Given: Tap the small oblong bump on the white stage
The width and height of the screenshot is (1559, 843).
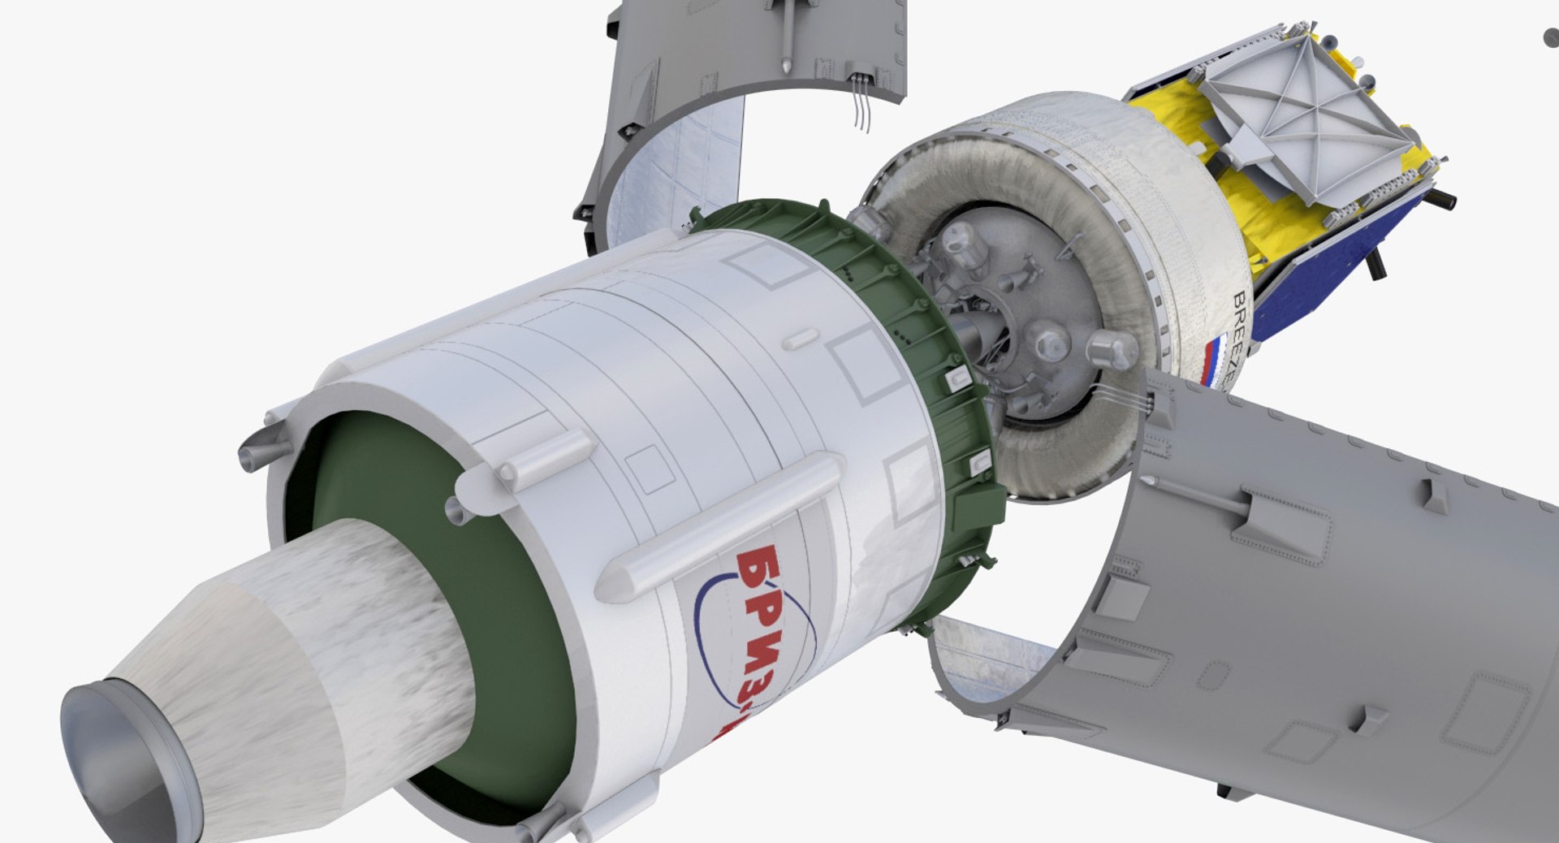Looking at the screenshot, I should tap(800, 339).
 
